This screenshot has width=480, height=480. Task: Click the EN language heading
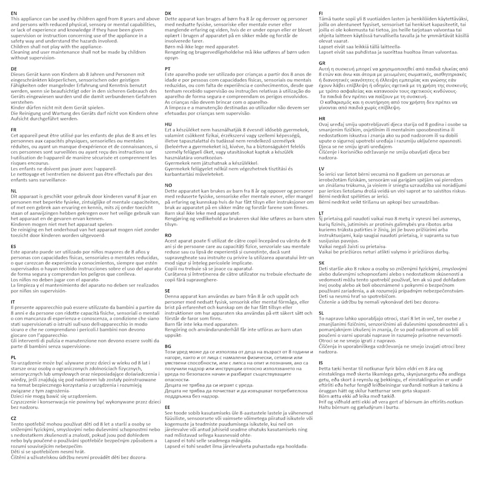[14, 14]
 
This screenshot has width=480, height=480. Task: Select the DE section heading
[14, 69]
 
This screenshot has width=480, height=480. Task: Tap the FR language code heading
[14, 129]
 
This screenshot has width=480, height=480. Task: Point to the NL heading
[14, 190]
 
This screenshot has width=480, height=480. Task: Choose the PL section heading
[14, 357]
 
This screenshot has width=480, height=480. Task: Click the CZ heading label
[14, 418]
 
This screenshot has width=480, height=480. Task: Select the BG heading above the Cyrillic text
[168, 346]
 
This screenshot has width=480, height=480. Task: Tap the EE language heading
[168, 407]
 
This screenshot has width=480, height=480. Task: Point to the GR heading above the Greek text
[322, 63]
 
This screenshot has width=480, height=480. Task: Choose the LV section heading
[322, 168]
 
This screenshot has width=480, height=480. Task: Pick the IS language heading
[321, 362]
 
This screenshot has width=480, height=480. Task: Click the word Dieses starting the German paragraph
[20, 75]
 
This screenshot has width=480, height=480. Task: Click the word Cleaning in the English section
[20, 52]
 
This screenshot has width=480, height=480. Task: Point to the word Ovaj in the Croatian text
[324, 124]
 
